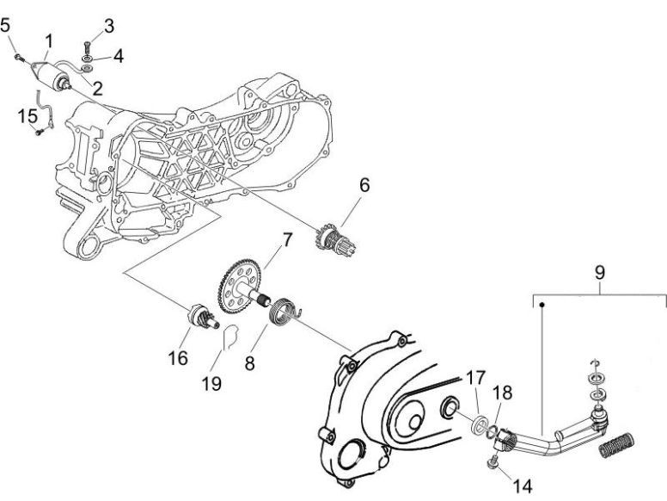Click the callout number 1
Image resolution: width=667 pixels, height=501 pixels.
(49, 40)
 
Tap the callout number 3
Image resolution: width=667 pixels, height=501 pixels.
(109, 25)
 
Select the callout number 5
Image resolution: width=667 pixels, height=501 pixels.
(6, 25)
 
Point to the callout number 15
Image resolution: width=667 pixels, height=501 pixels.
(28, 114)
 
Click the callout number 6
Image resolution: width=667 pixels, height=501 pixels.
(364, 184)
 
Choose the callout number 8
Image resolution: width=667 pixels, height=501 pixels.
(250, 363)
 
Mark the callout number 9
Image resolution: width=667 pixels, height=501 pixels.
(600, 272)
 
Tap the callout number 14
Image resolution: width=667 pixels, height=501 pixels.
(523, 486)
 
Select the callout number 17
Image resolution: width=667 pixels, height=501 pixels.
(475, 376)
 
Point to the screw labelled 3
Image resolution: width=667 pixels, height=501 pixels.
(88, 40)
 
